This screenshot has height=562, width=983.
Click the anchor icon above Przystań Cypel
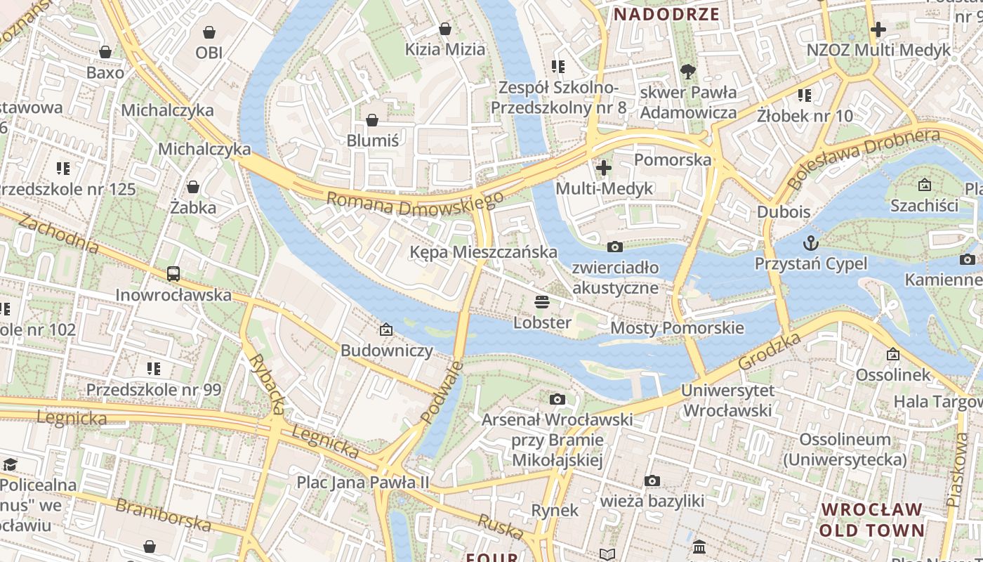811,244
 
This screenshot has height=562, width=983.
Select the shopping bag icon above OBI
209,32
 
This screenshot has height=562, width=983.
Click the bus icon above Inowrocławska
173,274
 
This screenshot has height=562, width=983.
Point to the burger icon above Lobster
541,302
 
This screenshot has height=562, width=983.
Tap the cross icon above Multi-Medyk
603,168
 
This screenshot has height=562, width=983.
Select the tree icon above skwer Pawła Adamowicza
688,71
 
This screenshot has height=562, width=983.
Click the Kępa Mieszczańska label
484,251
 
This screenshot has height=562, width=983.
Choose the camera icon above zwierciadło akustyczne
615,247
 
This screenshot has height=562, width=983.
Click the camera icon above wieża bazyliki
652,481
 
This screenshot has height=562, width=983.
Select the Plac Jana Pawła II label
362,482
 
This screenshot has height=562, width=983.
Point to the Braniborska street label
163,514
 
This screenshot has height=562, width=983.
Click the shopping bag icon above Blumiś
372,120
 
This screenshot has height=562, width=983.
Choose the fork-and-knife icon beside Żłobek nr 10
805,95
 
